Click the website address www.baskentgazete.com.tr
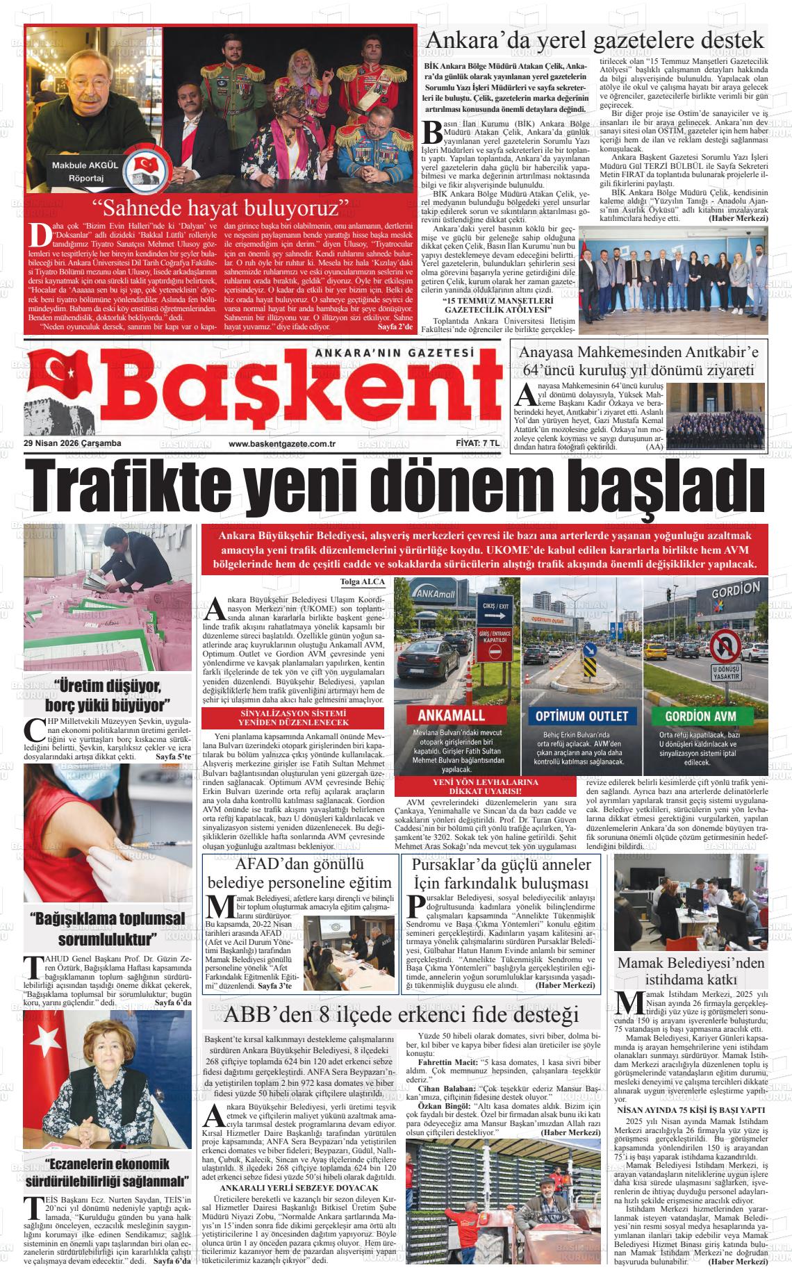282,443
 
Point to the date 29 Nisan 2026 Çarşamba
72,443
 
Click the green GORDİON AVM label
700,716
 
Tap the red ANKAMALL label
452,716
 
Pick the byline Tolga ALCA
362,581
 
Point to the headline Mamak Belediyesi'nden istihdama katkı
691,971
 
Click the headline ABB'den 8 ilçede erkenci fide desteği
401,1014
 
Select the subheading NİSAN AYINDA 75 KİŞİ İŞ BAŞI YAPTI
691,1110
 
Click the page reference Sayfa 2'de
395,327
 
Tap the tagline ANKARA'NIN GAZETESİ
394,352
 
